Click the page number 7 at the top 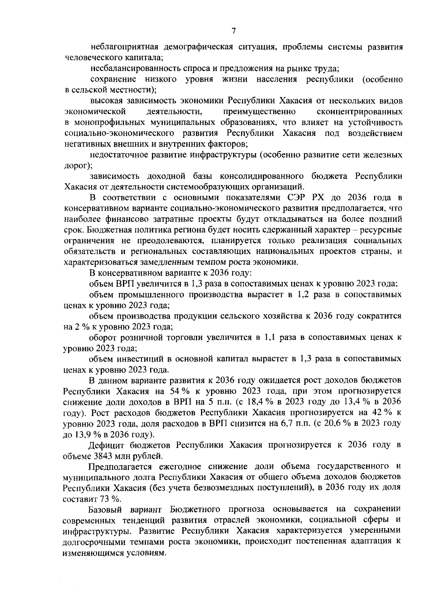[234, 31]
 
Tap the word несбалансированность [126, 68]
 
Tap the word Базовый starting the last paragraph [105, 510]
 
